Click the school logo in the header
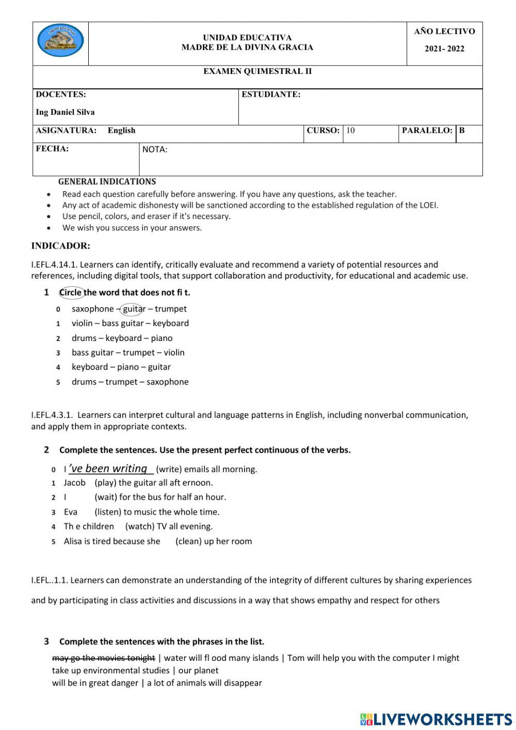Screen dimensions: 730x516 60,40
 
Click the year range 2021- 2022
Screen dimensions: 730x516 444,49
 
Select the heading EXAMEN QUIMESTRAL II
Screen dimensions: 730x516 257,71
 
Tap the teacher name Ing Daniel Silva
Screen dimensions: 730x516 65,112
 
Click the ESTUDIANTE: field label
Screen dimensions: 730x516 271,95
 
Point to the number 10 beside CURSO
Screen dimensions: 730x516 350,130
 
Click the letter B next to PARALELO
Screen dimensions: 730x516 462,130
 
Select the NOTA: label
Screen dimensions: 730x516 154,150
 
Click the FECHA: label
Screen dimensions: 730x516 52,149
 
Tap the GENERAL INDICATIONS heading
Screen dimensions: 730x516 107,181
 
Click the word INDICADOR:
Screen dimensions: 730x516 60,246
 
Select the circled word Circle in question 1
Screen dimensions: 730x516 71,292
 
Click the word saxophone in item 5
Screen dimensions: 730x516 167,382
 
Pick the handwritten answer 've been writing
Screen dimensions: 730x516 110,469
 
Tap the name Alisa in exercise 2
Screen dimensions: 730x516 73,541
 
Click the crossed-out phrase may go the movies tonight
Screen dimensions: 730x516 103,658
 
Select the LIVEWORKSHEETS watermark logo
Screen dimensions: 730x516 436,719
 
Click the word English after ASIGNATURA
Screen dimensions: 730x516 121,130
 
